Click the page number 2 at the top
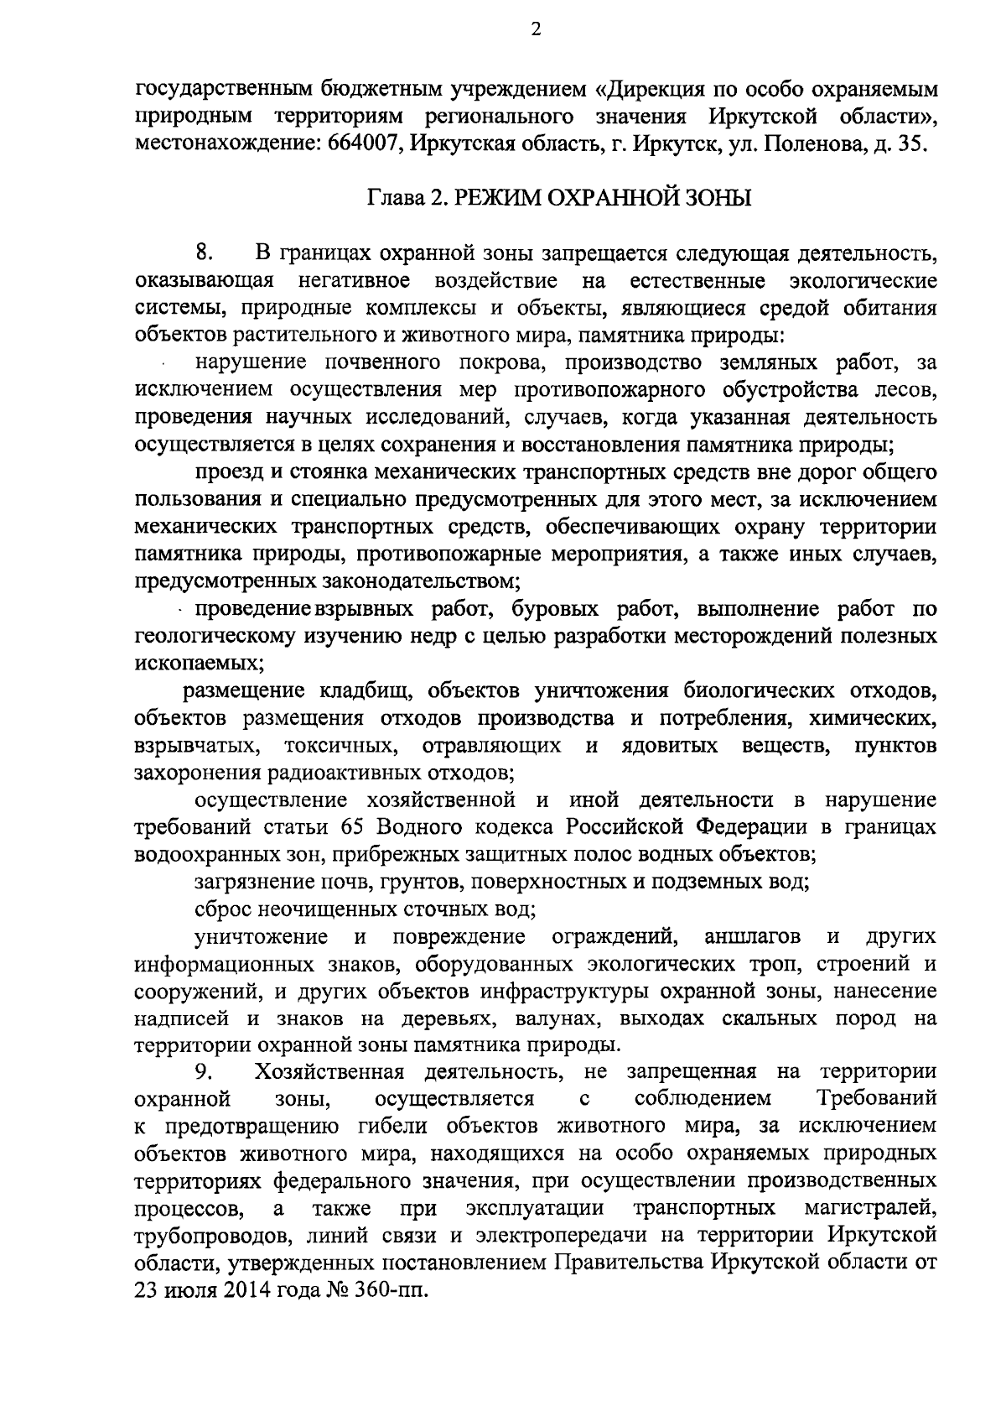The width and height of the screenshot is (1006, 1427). click(x=536, y=30)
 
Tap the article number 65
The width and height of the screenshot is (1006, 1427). click(x=356, y=826)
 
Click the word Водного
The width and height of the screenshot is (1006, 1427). click(x=418, y=826)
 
